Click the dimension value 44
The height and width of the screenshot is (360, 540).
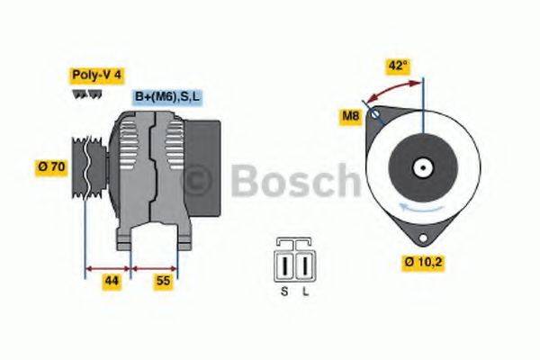(x=111, y=282)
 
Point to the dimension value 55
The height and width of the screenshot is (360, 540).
(x=164, y=282)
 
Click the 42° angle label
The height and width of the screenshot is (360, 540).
(x=397, y=65)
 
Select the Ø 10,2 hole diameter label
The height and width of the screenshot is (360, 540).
(x=424, y=263)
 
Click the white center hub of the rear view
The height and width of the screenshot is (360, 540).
(x=421, y=167)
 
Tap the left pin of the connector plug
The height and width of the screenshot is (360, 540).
(x=286, y=266)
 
